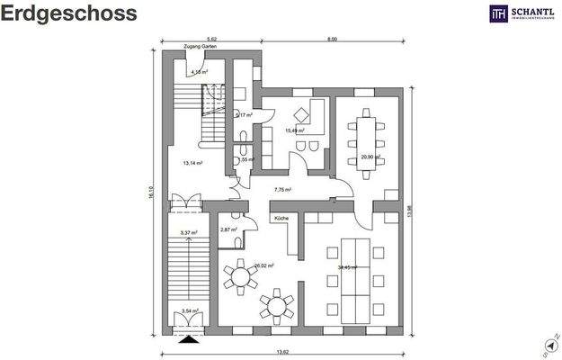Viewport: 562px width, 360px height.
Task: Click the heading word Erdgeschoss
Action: pos(69,13)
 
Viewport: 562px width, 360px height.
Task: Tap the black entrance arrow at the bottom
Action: pos(188,339)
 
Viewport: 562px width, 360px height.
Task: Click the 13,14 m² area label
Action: pos(192,164)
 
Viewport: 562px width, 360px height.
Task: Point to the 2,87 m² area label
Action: pos(227,230)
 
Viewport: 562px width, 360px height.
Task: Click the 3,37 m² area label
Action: pos(188,233)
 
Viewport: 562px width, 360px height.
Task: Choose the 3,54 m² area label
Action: pos(190,311)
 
